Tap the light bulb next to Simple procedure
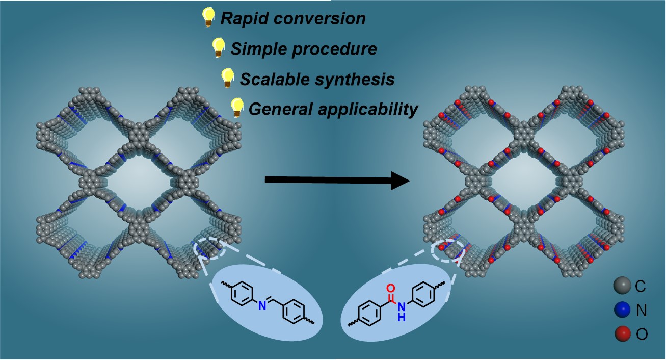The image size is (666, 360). point(218,46)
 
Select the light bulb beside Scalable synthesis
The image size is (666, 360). point(227,78)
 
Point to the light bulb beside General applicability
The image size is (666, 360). point(236,107)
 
